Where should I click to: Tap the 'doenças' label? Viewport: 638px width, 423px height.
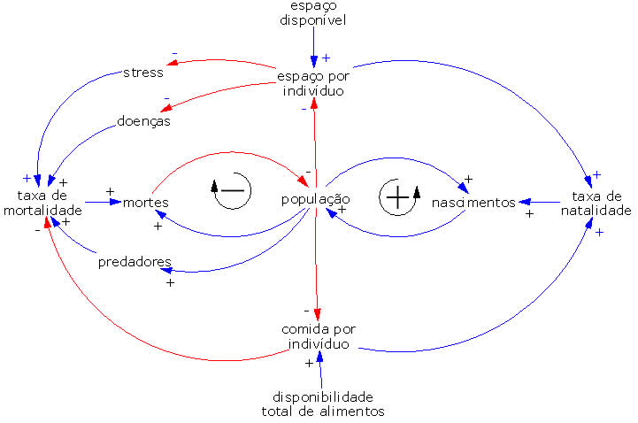tap(142, 120)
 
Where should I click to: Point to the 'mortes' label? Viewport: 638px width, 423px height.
tap(146, 203)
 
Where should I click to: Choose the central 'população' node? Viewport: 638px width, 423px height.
tap(315, 199)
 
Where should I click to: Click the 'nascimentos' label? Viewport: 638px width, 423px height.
tap(473, 203)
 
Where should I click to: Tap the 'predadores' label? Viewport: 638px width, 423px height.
tap(135, 262)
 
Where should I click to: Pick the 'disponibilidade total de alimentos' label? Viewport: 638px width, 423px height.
tap(323, 403)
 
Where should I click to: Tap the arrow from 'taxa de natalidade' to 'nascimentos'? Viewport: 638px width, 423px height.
tap(541, 203)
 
